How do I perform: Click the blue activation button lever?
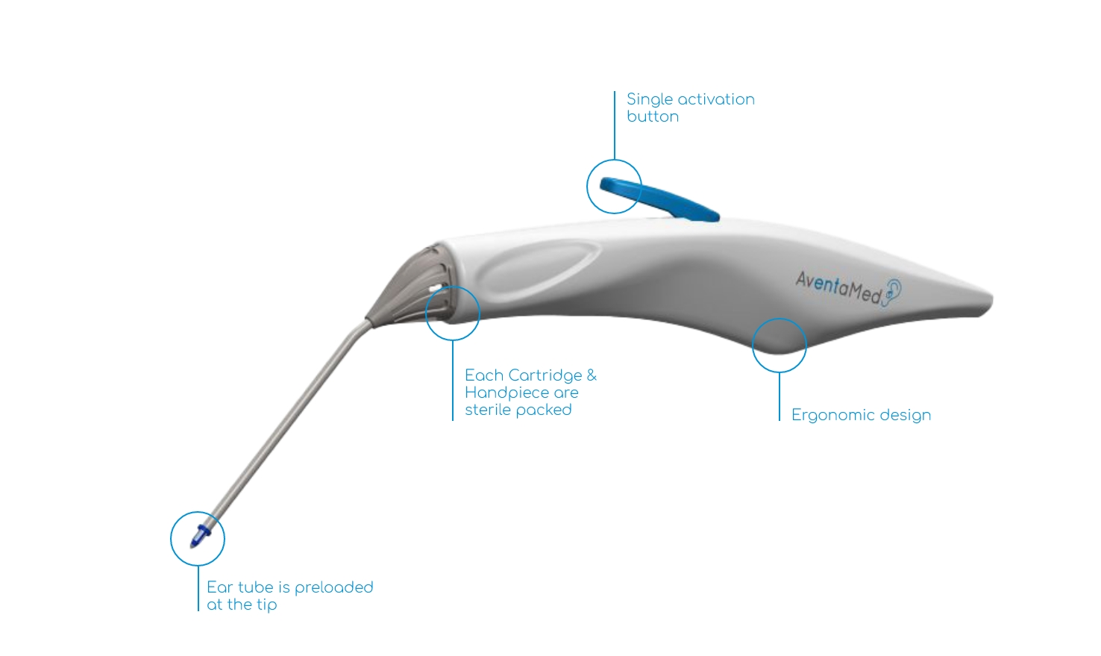659,199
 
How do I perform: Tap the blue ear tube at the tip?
200,537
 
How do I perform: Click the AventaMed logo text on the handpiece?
838,288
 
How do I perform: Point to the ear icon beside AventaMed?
892,292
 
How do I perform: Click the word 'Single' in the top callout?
649,100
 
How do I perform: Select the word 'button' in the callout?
653,116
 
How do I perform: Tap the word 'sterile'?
488,410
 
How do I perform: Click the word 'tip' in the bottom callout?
266,605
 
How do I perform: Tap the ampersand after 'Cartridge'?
592,375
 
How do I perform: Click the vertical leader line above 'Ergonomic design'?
779,396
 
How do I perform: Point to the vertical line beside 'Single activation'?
615,125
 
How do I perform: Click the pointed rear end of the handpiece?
991,301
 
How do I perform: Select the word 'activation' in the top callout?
715,100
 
